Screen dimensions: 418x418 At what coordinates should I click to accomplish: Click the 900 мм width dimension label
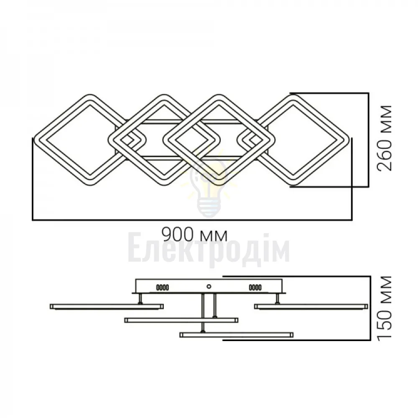click(195, 234)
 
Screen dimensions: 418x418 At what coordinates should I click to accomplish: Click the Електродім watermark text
click(209, 251)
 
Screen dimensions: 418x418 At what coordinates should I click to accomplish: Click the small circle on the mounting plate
click(209, 287)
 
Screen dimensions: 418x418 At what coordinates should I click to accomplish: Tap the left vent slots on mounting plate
click(162, 288)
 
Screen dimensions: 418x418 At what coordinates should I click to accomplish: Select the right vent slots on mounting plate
click(255, 288)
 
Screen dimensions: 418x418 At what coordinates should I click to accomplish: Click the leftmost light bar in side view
click(107, 306)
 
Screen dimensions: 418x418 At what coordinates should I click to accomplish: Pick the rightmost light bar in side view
click(311, 306)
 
